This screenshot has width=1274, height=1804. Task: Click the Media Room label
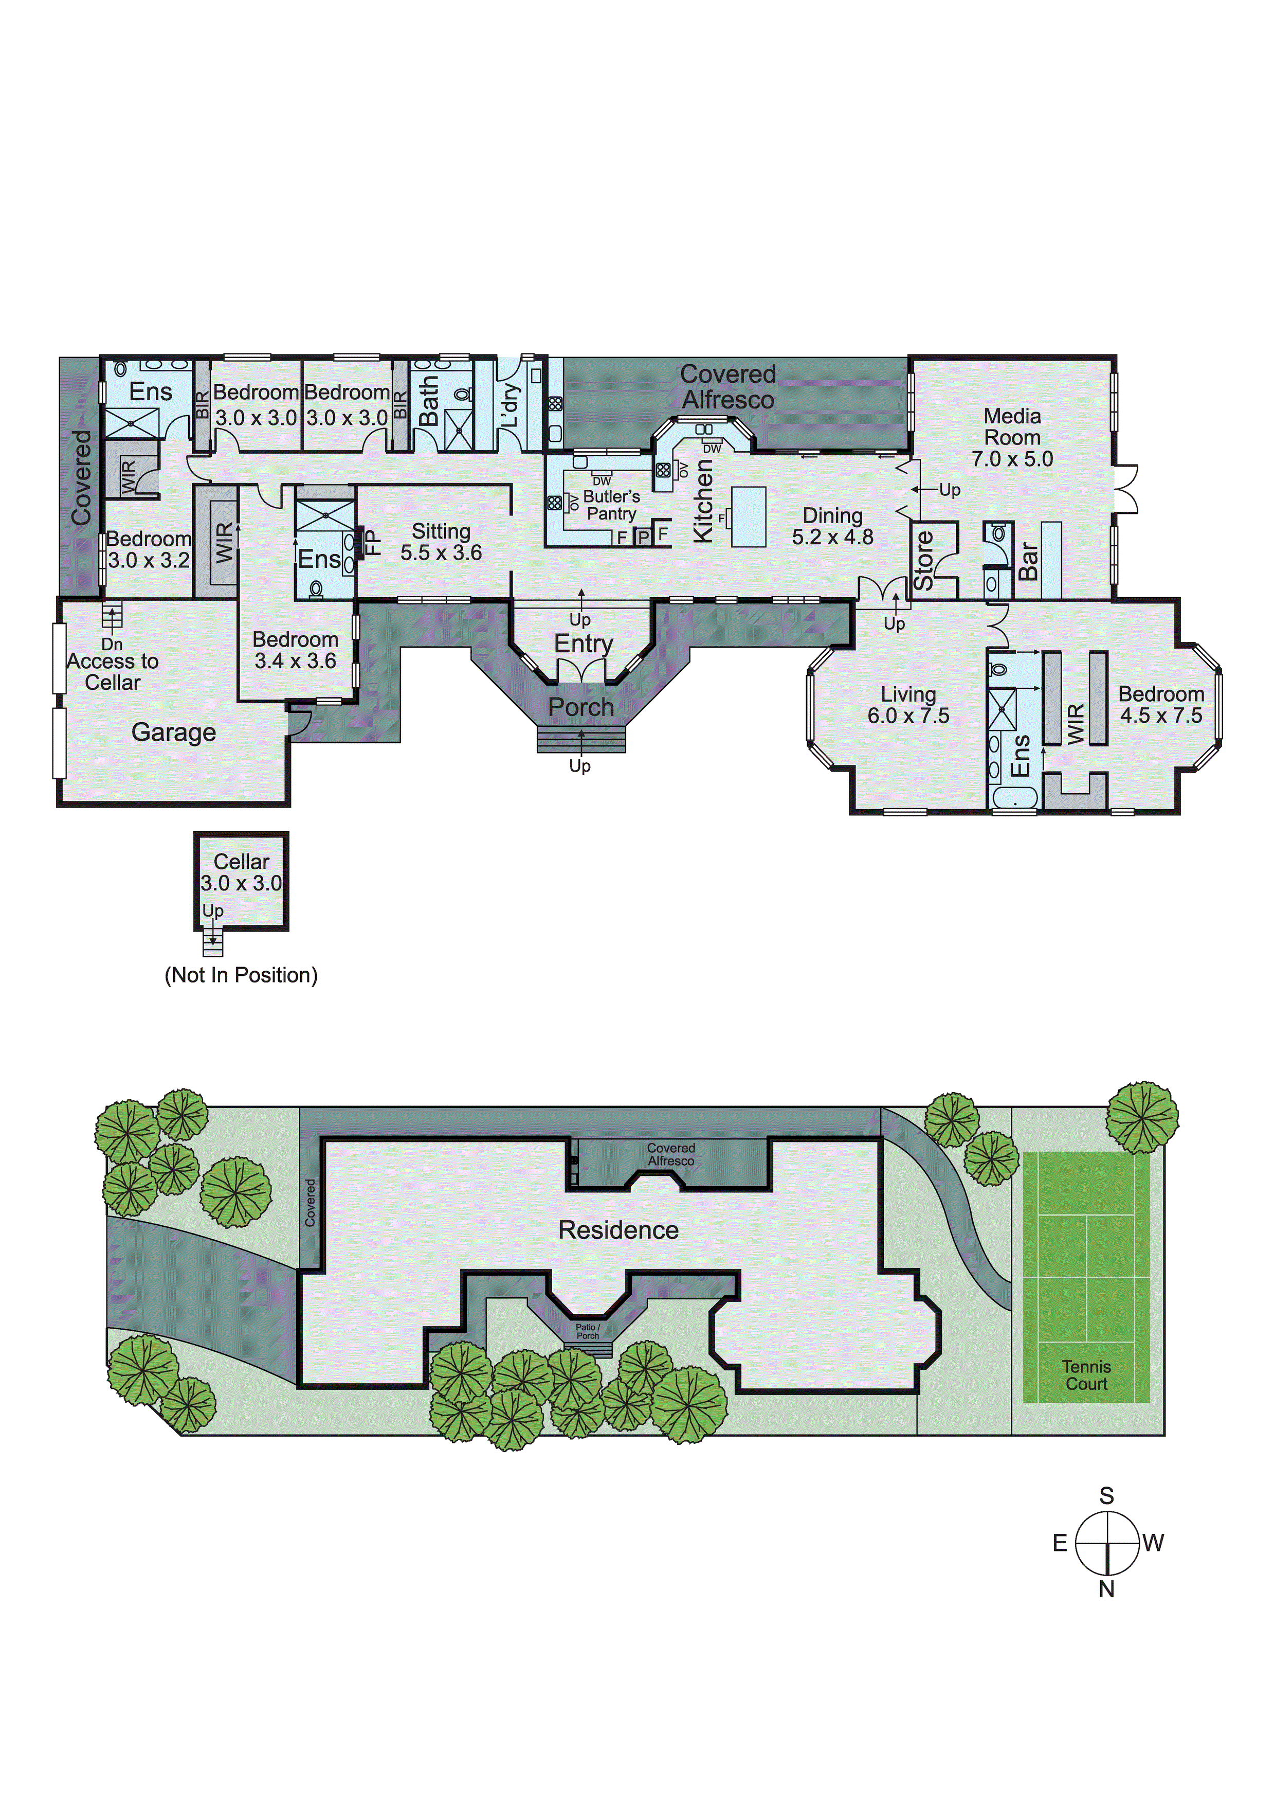1012,426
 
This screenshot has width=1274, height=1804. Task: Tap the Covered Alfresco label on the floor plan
727,387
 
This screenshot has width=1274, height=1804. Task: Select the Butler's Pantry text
611,505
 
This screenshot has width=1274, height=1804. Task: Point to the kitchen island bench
749,516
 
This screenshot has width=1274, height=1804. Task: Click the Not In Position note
241,975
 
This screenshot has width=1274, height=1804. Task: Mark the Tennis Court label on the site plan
1086,1375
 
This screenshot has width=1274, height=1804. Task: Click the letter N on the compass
1107,1588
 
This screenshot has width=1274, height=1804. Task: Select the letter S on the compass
1107,1496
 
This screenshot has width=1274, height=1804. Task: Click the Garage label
174,733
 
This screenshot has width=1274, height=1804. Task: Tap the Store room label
924,560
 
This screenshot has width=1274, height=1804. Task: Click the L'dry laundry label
510,405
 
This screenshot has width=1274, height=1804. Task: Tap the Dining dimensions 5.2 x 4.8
832,538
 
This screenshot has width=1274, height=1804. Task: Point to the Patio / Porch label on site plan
588,1331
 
